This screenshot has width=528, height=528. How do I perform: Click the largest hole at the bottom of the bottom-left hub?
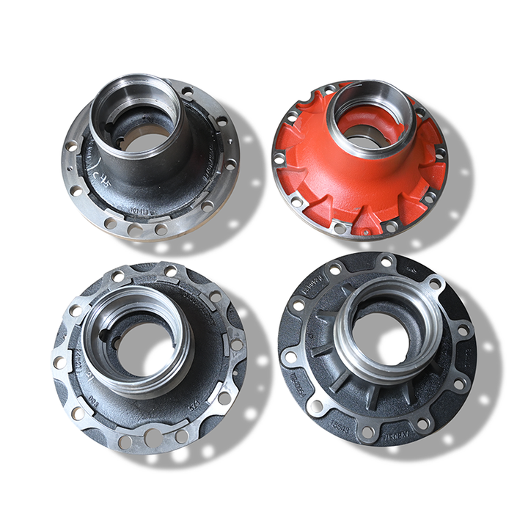(x=153, y=438)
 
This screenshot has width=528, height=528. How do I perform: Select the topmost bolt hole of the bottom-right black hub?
(x=384, y=262)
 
